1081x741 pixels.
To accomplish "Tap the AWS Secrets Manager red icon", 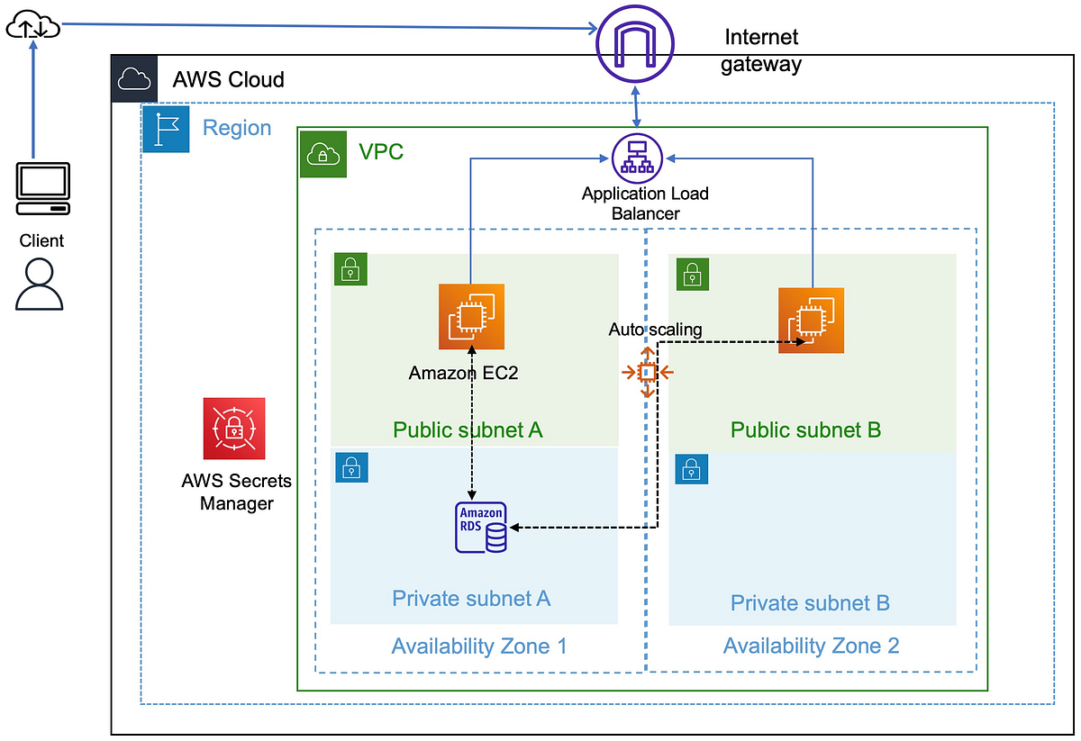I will point(234,429).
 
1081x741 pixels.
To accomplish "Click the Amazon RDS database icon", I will point(481,528).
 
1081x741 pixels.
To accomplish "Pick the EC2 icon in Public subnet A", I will point(471,316).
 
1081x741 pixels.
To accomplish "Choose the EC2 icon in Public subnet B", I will point(812,321).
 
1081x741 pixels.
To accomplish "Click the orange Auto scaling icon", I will point(647,371).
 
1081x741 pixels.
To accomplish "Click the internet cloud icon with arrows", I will point(32,29).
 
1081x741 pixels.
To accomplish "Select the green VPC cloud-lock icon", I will point(322,154).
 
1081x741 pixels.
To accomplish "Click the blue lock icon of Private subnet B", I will point(691,469).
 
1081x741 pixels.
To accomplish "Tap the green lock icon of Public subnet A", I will point(350,268).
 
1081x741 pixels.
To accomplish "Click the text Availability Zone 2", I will point(811,646).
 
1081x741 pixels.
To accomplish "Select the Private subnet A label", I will point(471,598).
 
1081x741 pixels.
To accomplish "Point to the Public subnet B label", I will point(805,429).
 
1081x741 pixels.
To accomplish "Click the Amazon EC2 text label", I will point(463,373).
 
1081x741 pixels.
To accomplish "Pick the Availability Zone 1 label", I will point(479,646).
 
